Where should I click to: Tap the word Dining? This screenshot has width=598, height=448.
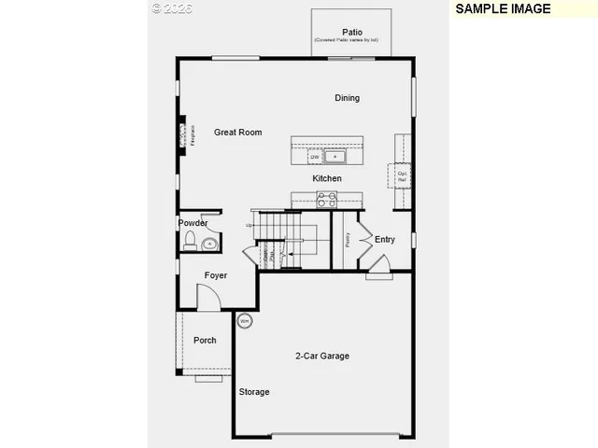(348, 98)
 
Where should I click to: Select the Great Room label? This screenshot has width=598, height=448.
(237, 133)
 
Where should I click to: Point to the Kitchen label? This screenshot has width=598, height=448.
(327, 178)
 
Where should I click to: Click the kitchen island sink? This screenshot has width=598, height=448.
(335, 157)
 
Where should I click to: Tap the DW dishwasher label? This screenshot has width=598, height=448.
(316, 158)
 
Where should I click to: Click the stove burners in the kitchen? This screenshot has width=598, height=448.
(327, 199)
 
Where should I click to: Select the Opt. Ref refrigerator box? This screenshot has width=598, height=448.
(402, 175)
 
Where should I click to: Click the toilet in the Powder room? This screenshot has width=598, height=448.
(190, 243)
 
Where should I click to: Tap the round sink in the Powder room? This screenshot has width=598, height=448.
(209, 244)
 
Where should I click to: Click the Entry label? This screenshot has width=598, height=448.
(385, 240)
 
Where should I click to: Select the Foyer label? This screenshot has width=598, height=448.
(216, 275)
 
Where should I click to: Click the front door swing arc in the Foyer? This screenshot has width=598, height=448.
(210, 297)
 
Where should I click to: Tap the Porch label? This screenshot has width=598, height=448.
(205, 341)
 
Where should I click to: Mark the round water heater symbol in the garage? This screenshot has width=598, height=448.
(245, 321)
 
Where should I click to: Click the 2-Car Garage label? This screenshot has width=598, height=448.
(322, 356)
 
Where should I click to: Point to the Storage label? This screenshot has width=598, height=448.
(253, 392)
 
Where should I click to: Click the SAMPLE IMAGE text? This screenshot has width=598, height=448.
(502, 8)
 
